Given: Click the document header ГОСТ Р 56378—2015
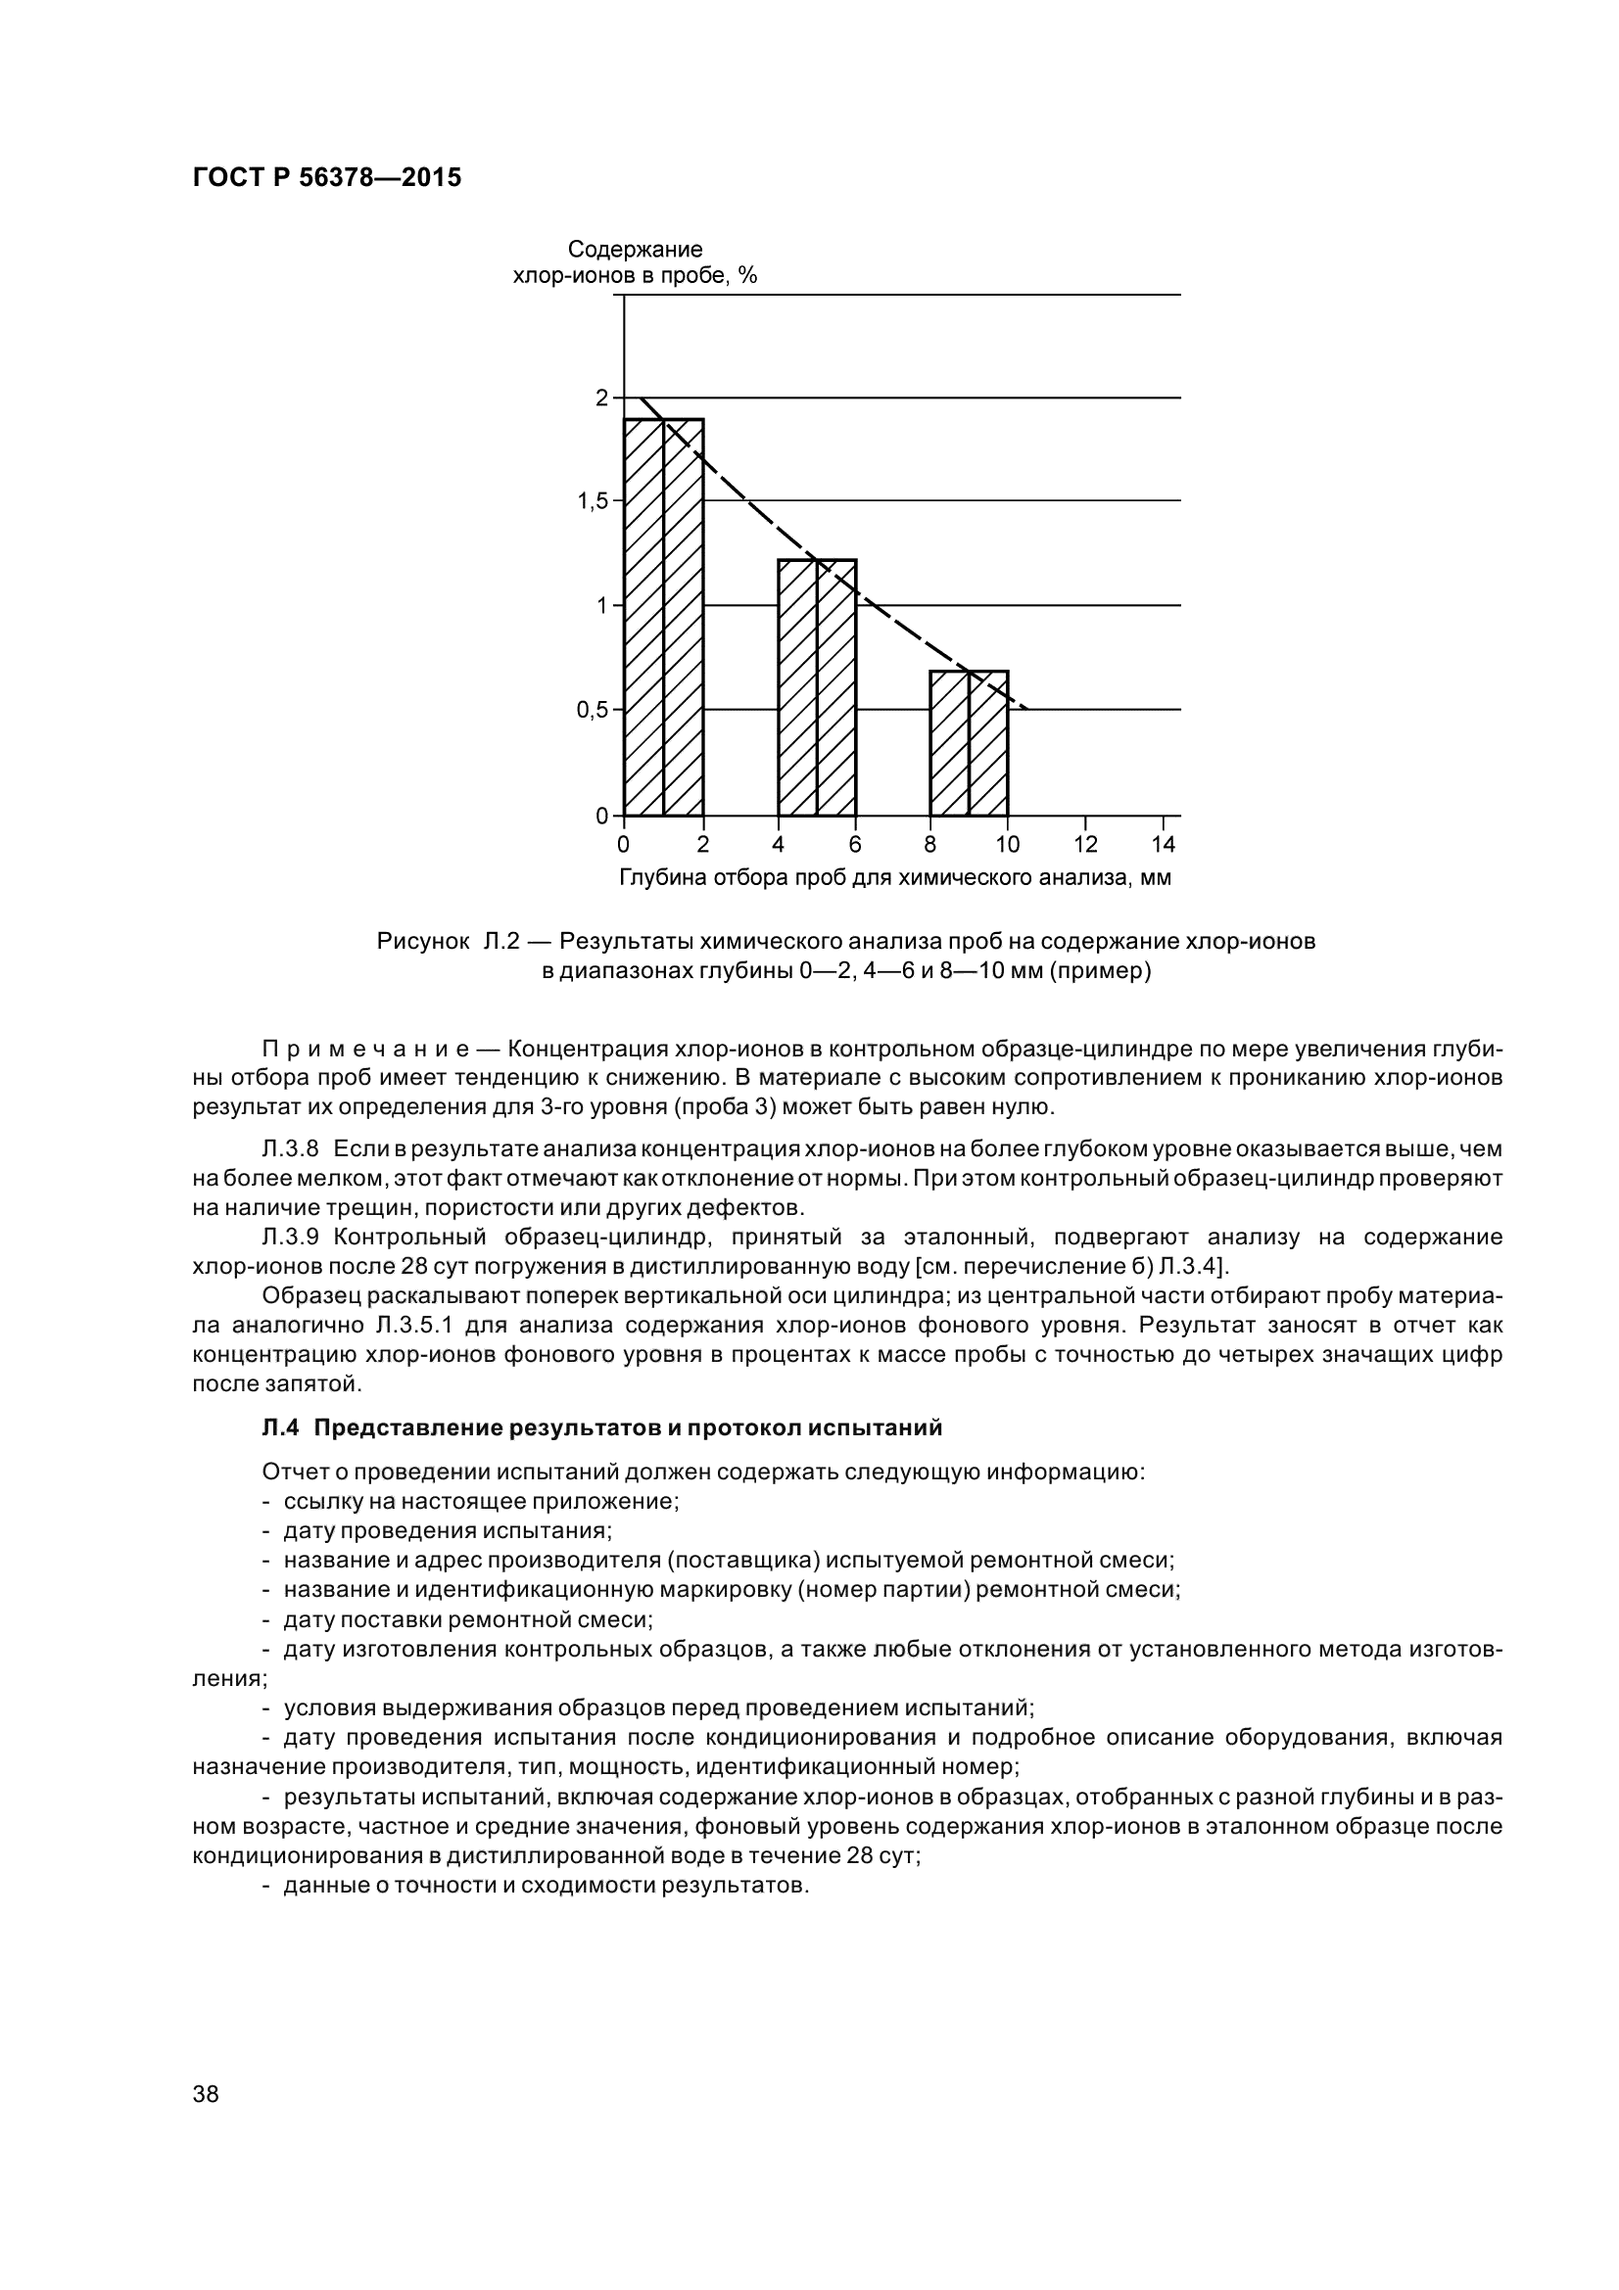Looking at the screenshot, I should (326, 178).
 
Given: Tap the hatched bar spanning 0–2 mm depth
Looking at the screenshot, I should (663, 618).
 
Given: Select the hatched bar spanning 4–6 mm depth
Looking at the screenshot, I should (817, 687).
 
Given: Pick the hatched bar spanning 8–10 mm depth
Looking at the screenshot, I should (969, 743).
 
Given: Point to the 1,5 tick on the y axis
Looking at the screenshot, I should (594, 501).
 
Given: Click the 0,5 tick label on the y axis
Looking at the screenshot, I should (594, 711).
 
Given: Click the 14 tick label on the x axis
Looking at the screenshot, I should (1164, 846).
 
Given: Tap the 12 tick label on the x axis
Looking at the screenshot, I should (1085, 846).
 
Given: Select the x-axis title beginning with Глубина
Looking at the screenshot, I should (895, 878).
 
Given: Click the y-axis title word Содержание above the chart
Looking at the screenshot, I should (635, 250).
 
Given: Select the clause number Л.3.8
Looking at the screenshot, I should (289, 1150).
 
